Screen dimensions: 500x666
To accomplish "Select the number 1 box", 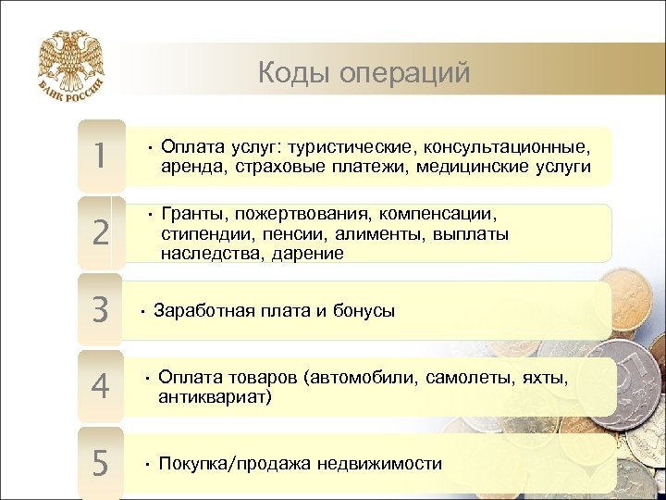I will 99,156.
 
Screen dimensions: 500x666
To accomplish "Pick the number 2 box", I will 99,232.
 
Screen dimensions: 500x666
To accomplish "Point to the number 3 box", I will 99,309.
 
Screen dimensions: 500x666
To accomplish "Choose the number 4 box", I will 99,386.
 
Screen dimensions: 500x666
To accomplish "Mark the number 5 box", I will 99,461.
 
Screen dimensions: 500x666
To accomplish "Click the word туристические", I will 353,148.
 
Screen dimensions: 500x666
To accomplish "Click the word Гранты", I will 192,215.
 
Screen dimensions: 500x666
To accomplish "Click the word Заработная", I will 203,311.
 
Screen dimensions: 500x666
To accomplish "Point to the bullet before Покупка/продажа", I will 147,463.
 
